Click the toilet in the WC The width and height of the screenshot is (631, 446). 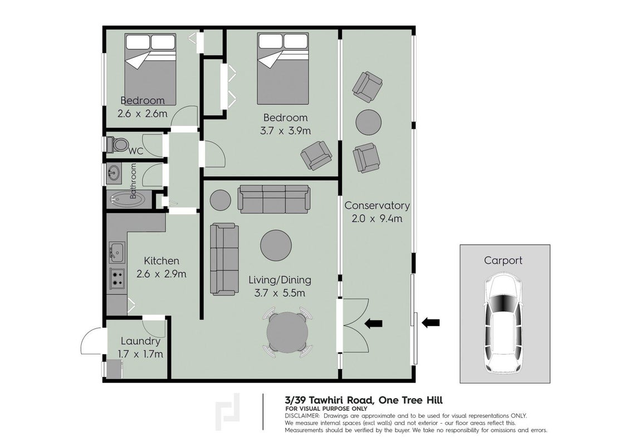point(118,144)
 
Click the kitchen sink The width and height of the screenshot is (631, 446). point(117,253)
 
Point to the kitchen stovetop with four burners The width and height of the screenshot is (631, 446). point(117,278)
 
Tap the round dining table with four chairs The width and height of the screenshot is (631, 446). point(287,332)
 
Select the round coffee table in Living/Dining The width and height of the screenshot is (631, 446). point(276,245)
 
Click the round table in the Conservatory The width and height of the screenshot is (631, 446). point(369,123)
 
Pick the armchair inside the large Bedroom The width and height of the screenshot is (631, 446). point(316,155)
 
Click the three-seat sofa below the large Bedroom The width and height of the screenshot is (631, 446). point(273,198)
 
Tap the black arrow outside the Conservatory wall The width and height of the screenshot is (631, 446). point(431,322)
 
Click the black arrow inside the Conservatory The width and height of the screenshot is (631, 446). point(374,323)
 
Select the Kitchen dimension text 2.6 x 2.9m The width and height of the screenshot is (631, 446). point(162,274)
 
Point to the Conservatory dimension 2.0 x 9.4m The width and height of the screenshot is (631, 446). point(377,219)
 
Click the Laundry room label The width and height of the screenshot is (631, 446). point(140,341)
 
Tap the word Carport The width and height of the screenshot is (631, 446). point(503,261)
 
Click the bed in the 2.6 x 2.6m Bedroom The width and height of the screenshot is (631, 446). point(150,69)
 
